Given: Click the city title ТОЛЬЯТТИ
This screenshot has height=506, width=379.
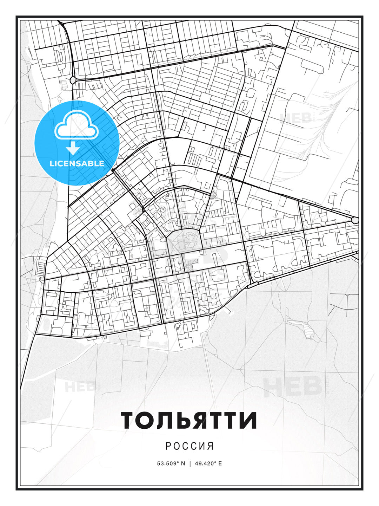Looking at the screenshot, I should click(x=189, y=421).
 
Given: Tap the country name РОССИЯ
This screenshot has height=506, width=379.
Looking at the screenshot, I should click(x=189, y=446).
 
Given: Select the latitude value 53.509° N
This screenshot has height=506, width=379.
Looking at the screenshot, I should click(x=171, y=463).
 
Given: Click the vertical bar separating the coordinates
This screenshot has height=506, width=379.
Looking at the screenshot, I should click(x=190, y=463).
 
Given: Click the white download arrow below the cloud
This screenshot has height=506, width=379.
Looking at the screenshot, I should click(x=73, y=148).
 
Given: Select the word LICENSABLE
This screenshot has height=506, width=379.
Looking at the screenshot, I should click(x=77, y=163).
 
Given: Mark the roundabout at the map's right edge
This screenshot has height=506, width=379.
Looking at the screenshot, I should click(x=355, y=220).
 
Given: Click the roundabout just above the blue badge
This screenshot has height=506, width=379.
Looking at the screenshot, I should click(x=73, y=80).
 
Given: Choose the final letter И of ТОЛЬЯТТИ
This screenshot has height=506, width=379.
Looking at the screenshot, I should click(x=248, y=421).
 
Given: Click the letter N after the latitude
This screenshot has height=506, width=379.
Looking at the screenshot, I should click(x=182, y=463).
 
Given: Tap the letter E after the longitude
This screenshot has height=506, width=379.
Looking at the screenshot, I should click(x=220, y=463).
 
